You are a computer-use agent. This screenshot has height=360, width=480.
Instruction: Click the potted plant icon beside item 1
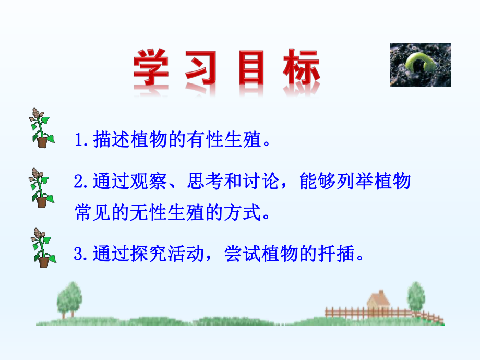click(x=41, y=128)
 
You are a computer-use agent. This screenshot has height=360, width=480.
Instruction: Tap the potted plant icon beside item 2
click(x=41, y=188)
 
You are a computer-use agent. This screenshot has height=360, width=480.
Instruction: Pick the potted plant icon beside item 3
click(x=42, y=247)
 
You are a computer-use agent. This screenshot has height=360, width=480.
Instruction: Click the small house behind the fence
click(x=379, y=303)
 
